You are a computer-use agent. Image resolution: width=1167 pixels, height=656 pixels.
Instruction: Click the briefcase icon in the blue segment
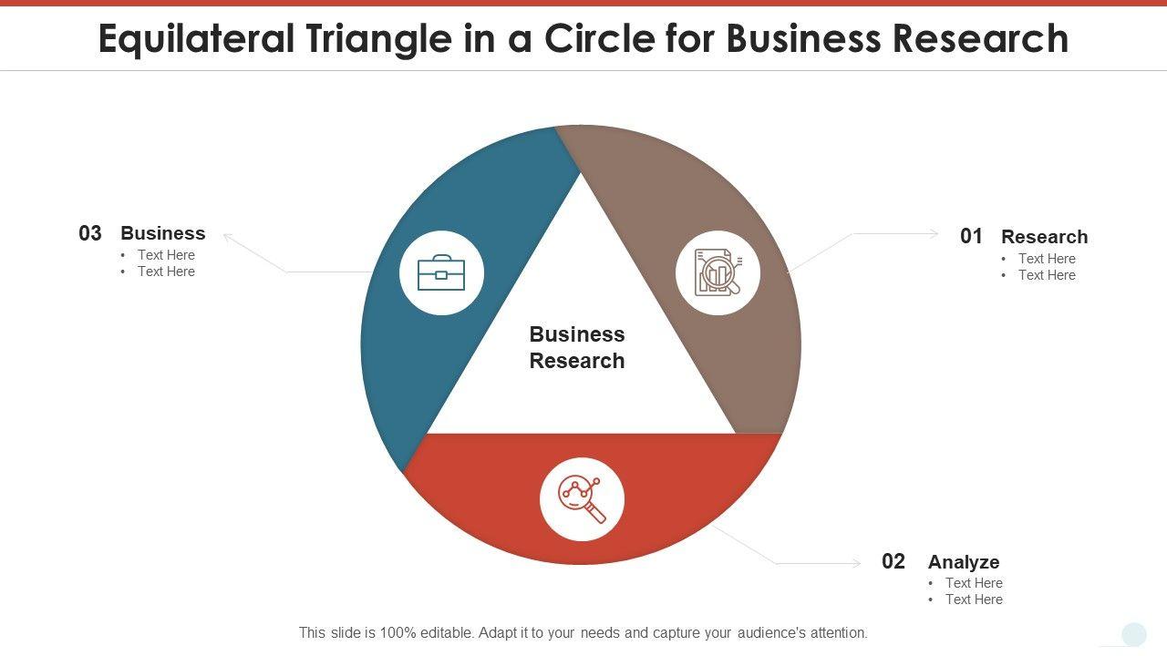(x=441, y=273)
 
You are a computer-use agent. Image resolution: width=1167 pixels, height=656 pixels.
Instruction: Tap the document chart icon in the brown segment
(x=718, y=273)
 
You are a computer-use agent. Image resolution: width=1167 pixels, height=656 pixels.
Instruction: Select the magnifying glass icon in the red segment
(x=582, y=498)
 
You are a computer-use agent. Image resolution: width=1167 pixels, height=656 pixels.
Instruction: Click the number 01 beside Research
(x=971, y=237)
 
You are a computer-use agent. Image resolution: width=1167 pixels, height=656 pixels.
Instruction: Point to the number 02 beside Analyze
(x=893, y=561)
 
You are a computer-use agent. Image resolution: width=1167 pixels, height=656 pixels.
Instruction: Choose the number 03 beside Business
(x=90, y=233)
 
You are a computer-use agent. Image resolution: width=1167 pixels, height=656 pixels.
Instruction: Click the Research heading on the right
(x=1044, y=237)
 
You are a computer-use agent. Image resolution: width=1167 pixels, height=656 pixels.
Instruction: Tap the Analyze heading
(x=964, y=562)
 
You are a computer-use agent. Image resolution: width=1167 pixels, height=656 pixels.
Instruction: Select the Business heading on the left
(x=163, y=233)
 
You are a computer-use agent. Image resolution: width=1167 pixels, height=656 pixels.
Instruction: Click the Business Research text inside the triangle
(x=577, y=347)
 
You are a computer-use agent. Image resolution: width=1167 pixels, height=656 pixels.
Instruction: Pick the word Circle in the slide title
(x=599, y=39)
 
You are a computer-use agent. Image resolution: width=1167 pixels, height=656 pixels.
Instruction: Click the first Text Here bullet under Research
(x=1047, y=259)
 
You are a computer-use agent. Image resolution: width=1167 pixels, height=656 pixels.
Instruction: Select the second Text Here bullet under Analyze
(x=974, y=600)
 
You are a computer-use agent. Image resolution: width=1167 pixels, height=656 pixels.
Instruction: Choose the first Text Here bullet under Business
(x=166, y=255)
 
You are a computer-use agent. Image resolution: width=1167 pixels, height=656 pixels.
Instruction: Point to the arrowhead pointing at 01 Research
(x=935, y=234)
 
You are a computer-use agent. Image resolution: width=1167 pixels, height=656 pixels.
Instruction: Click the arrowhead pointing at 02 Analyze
(x=857, y=564)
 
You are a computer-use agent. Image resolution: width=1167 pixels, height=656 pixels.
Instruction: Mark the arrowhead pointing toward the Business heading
(x=227, y=237)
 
